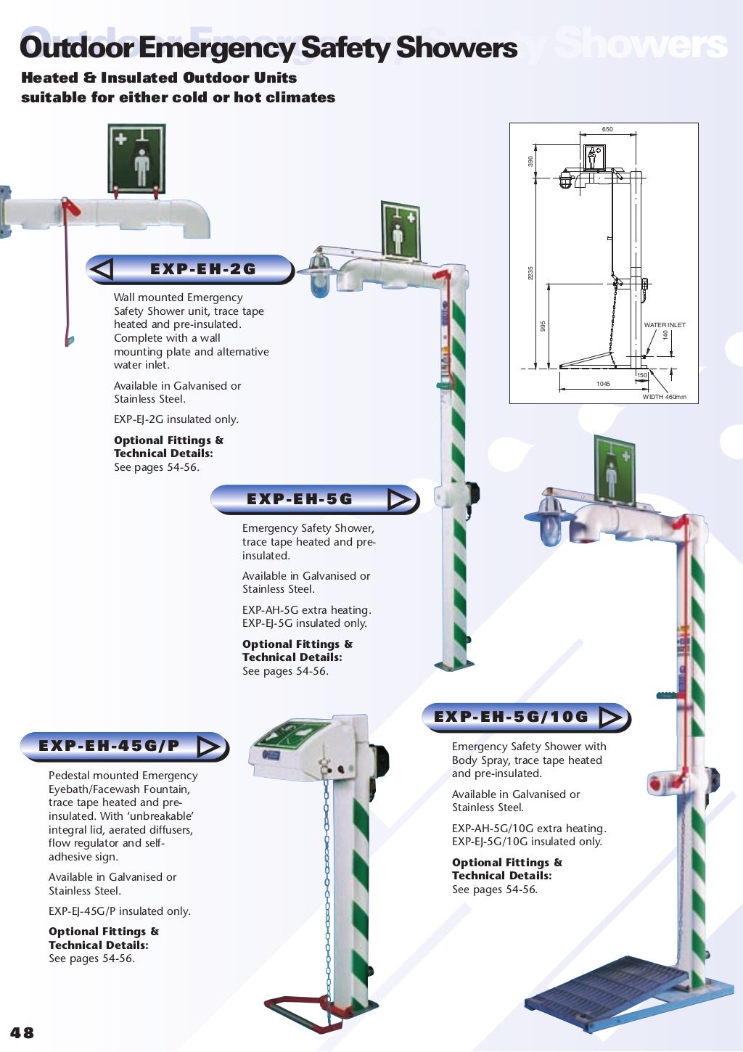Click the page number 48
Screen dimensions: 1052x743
coord(22,1032)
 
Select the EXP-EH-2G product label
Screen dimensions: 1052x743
coord(202,269)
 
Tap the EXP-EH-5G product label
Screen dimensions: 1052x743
coord(299,499)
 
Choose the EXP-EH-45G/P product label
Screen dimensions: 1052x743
coord(109,746)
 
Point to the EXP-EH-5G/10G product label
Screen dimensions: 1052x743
coord(511,717)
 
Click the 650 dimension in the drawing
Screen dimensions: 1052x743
coord(607,129)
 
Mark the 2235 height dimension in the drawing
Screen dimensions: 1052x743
coord(530,274)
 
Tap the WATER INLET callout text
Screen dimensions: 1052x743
coord(664,325)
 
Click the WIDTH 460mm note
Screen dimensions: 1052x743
coord(664,397)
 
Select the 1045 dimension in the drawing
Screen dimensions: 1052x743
coord(603,384)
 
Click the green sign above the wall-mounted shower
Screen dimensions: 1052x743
coord(136,159)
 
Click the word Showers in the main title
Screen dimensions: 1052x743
coord(456,48)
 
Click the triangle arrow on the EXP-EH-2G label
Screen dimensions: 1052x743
coord(102,269)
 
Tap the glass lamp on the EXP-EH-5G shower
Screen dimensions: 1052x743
coord(320,279)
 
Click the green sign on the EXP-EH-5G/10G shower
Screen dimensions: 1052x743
coord(614,470)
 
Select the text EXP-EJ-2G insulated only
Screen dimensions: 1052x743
coord(176,419)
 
